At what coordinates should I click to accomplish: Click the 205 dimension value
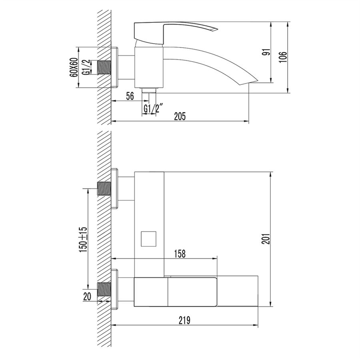click(x=180, y=116)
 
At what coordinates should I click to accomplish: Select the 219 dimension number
click(x=184, y=320)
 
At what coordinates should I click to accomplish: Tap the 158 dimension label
click(x=180, y=254)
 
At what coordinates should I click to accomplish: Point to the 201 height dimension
click(x=266, y=239)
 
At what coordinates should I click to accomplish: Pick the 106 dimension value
click(x=283, y=57)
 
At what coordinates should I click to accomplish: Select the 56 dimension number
click(x=130, y=96)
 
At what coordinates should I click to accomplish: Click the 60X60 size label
click(x=74, y=67)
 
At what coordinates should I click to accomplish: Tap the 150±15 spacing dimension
click(x=83, y=240)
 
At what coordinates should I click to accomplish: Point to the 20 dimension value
click(x=87, y=296)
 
